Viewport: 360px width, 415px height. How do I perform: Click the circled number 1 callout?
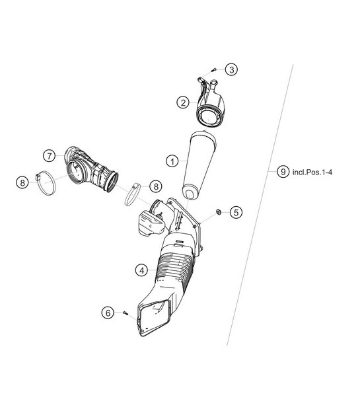171,161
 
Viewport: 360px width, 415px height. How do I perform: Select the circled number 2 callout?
182,102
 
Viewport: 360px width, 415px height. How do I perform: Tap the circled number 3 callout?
231,69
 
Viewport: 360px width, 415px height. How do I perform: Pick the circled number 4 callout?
141,270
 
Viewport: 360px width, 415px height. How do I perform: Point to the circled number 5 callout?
236,212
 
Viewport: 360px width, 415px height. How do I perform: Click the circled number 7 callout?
49,156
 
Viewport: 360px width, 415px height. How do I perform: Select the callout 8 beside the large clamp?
22,182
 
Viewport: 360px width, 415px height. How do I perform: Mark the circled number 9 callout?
283,171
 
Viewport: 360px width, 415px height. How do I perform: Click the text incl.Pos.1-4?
312,171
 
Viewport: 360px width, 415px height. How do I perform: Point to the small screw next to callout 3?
214,71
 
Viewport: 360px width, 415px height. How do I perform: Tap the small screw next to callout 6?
124,313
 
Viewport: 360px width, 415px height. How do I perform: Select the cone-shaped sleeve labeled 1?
198,165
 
